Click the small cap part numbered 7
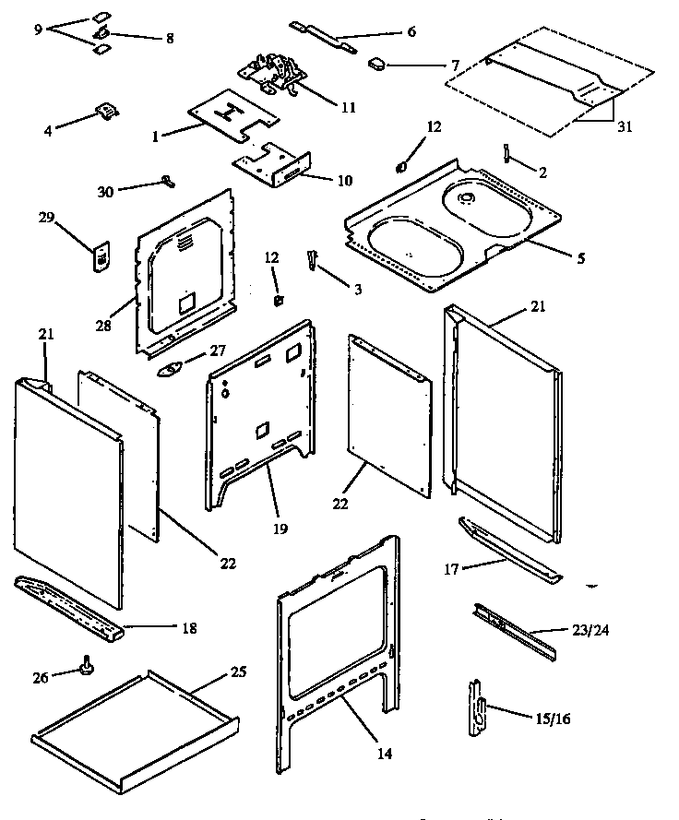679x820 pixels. tap(378, 64)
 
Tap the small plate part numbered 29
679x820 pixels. tap(101, 257)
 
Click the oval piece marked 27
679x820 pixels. tap(172, 370)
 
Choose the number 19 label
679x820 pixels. tap(280, 529)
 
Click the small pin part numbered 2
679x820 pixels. tap(507, 150)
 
